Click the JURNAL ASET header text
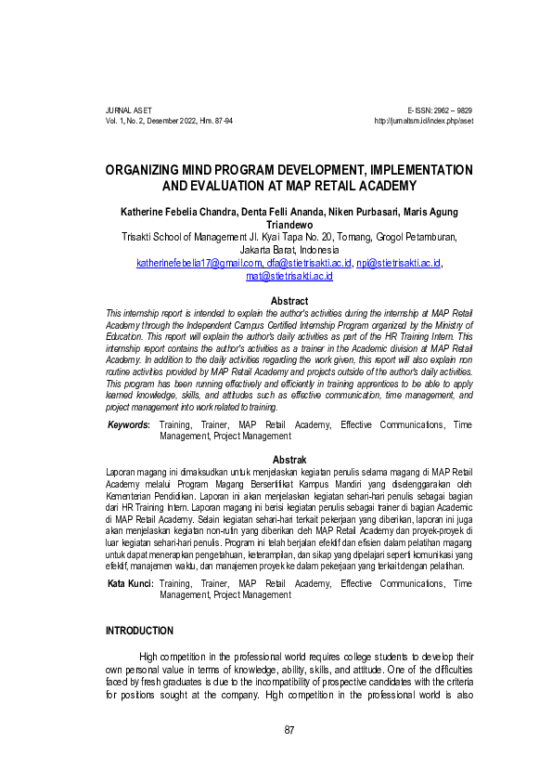tap(127, 111)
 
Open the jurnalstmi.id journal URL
tap(423, 122)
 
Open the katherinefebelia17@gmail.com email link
tap(195, 263)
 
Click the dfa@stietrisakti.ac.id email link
tap(302, 263)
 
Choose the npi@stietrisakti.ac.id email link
tap(399, 263)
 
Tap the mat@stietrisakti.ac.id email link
tap(289, 276)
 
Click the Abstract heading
tap(289, 301)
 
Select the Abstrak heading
tap(289, 460)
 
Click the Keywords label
tap(129, 424)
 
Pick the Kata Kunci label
tap(130, 583)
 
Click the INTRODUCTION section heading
tap(139, 631)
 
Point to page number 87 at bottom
tap(289, 728)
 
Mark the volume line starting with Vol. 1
tap(170, 122)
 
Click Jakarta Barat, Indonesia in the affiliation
tap(289, 250)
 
